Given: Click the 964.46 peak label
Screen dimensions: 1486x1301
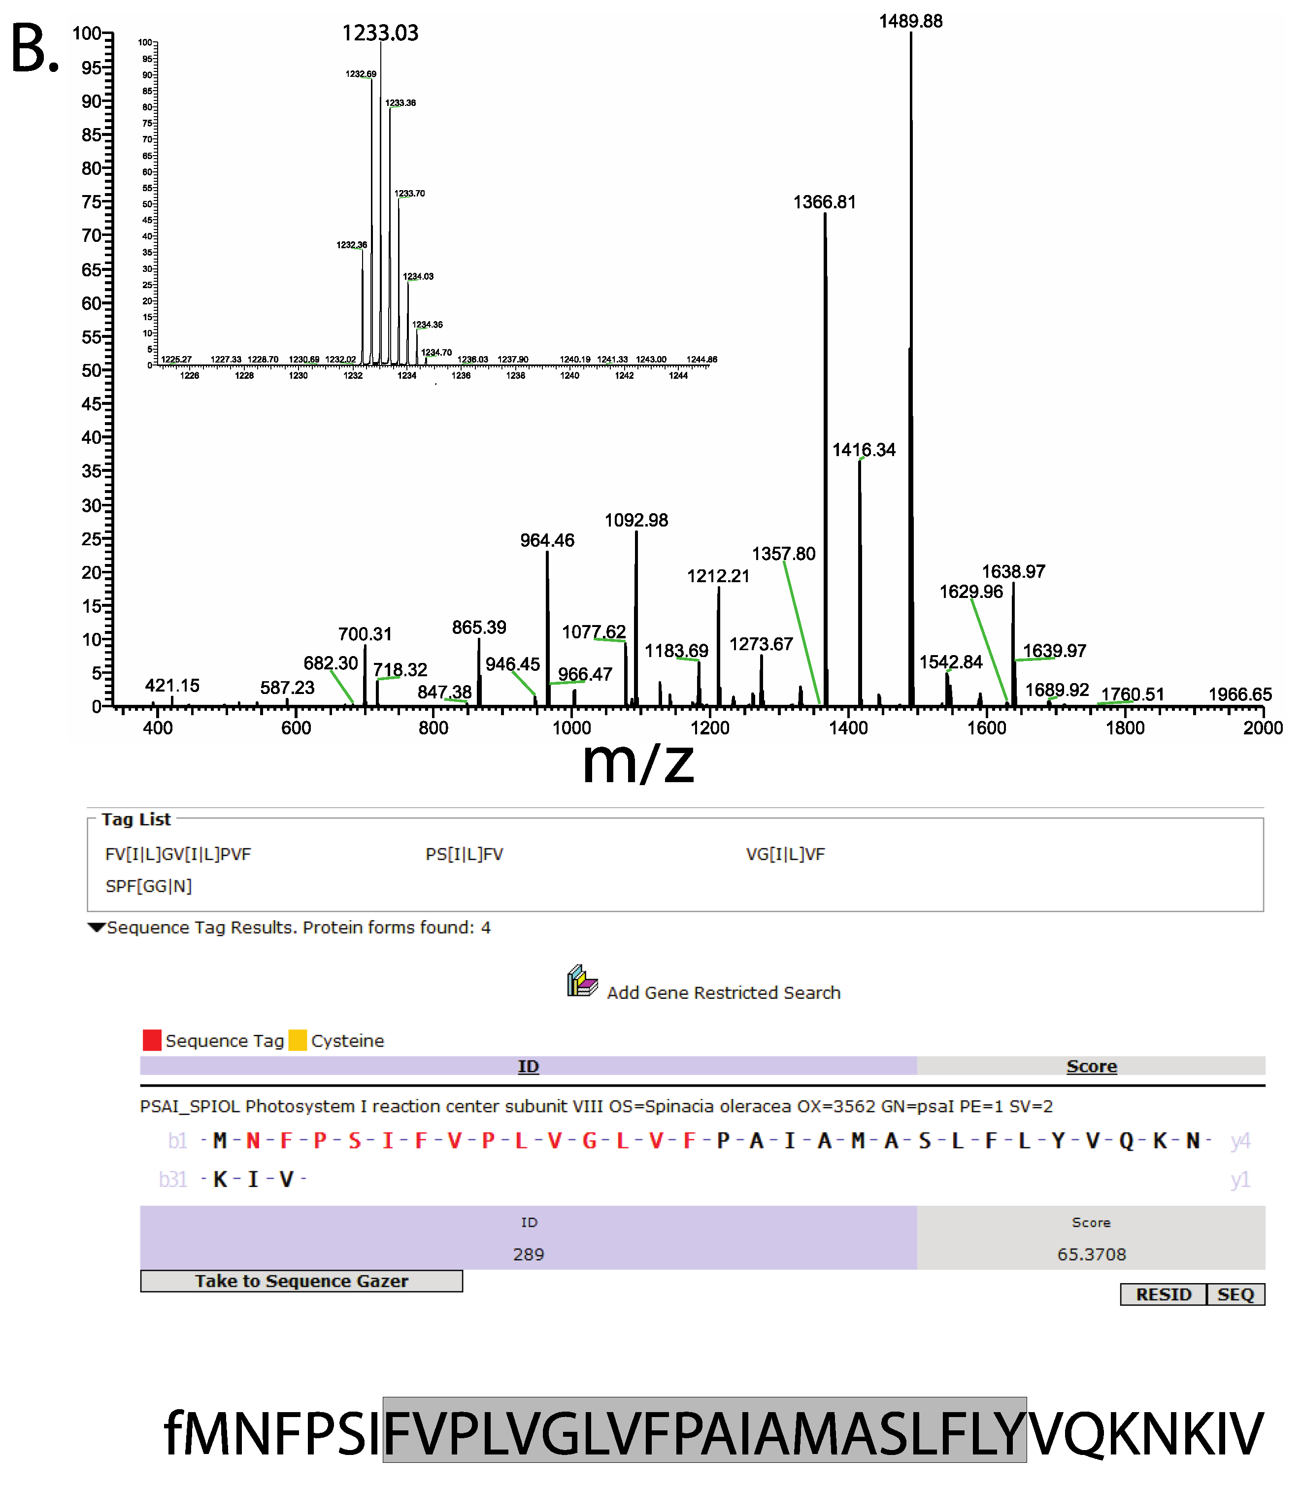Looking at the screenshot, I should tap(547, 540).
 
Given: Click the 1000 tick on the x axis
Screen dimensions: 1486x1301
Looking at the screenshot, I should tap(571, 727).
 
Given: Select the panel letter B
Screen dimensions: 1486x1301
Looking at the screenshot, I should tap(34, 49).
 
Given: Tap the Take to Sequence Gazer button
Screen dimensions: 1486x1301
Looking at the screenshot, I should tap(301, 1281).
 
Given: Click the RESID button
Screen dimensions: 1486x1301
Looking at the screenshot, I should tap(1163, 1294).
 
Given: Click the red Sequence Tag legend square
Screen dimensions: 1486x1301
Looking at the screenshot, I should tap(152, 1040).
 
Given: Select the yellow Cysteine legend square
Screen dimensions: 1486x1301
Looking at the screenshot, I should tap(298, 1040).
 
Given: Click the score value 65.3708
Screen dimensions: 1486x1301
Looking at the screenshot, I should tap(1091, 1254).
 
